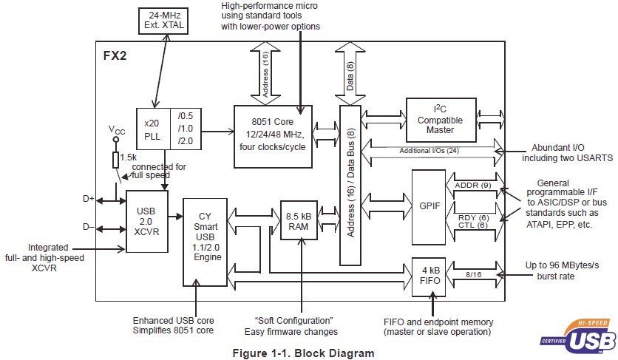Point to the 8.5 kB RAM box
point(302,222)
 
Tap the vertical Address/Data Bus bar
point(349,185)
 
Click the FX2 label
point(115,55)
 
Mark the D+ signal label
point(88,200)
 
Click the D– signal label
point(88,227)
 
